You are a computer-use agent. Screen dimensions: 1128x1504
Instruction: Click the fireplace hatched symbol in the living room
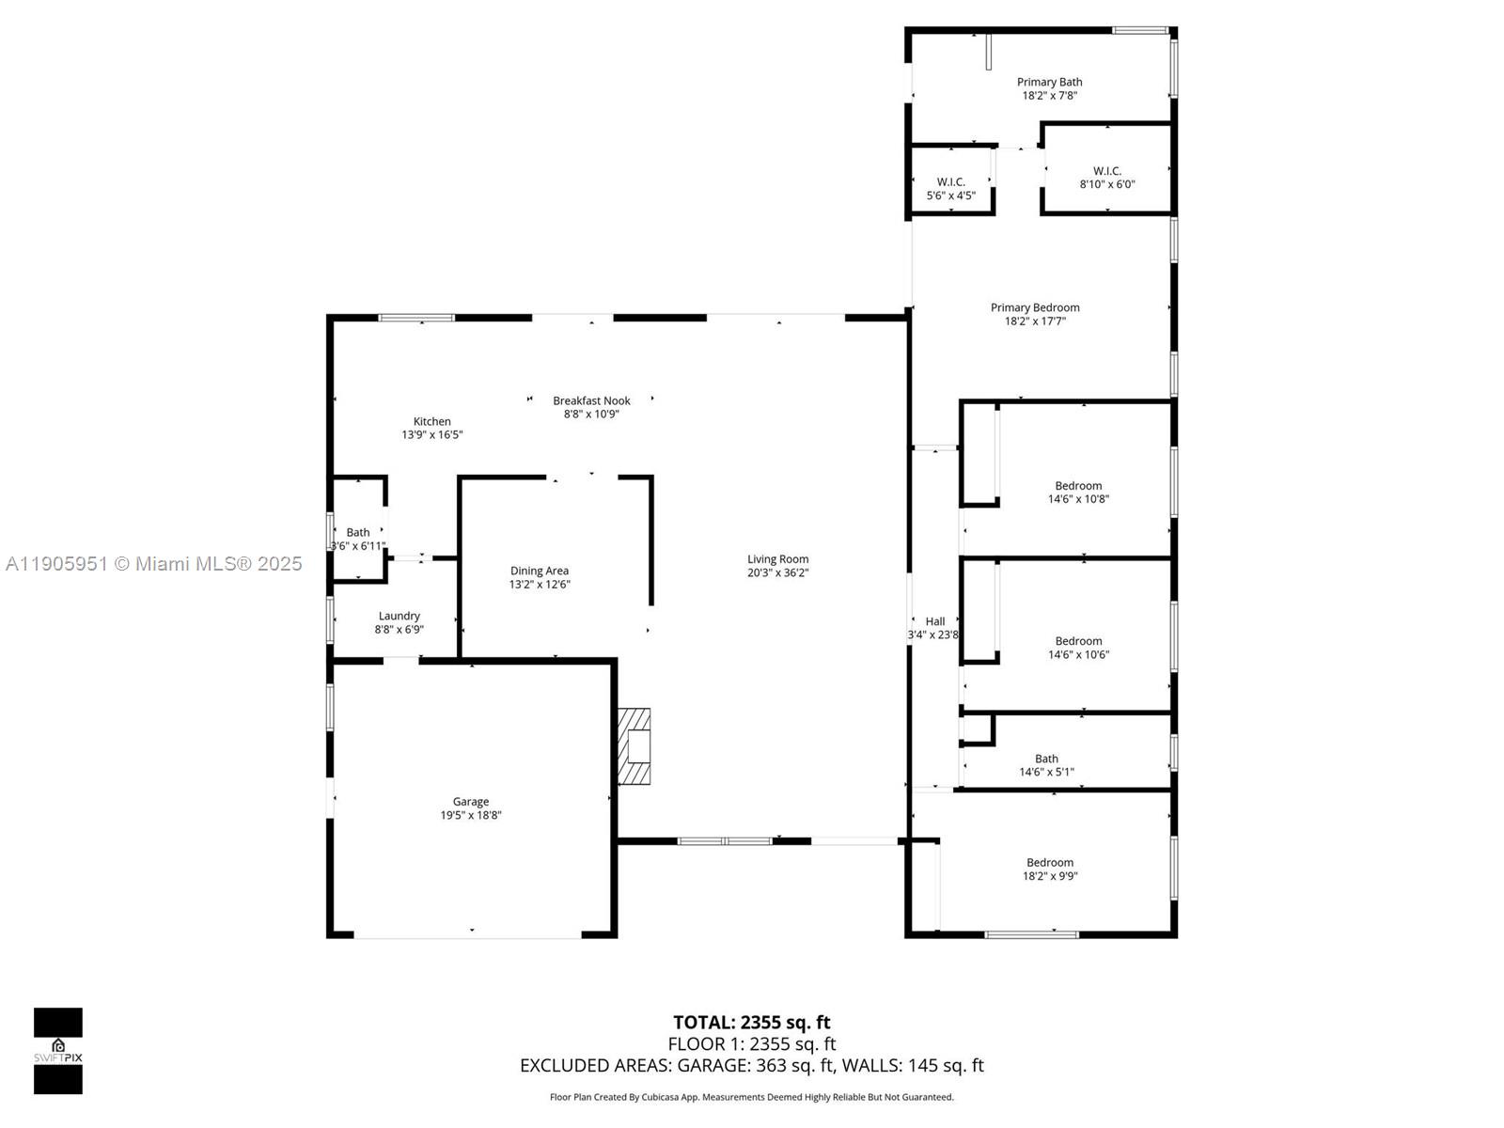tap(634, 746)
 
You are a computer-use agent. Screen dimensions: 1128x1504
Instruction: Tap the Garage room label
tap(471, 802)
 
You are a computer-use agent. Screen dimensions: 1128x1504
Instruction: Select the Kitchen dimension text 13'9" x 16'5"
tap(432, 435)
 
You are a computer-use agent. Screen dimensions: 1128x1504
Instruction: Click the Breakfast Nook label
tap(591, 400)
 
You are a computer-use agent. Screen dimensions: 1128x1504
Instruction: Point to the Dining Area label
tap(540, 571)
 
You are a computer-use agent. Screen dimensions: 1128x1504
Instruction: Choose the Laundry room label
tap(399, 616)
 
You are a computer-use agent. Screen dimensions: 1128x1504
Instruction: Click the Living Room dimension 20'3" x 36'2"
tap(778, 572)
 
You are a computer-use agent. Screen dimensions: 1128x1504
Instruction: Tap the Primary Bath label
tap(1049, 82)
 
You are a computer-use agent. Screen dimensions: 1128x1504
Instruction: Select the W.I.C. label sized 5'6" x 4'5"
tap(951, 182)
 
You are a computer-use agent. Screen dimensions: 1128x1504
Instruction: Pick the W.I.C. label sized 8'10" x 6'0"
tap(1107, 171)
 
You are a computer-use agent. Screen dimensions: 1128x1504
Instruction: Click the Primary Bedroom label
tap(1035, 307)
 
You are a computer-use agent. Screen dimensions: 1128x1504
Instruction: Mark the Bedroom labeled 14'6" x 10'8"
tap(1078, 486)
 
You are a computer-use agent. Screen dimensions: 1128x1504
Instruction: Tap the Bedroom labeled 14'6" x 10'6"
tap(1078, 641)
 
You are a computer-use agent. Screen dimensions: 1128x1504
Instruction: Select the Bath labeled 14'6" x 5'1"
tap(1046, 759)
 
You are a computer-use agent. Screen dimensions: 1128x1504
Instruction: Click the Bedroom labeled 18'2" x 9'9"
tap(1050, 862)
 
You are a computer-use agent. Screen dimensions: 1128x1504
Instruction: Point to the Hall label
tap(935, 621)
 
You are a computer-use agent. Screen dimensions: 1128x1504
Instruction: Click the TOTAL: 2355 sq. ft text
tap(751, 1022)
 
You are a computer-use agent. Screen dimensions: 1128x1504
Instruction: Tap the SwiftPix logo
tap(58, 1050)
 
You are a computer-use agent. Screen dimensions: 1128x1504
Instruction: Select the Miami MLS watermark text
tap(154, 563)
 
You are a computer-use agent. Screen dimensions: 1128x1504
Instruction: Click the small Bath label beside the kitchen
tap(358, 532)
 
